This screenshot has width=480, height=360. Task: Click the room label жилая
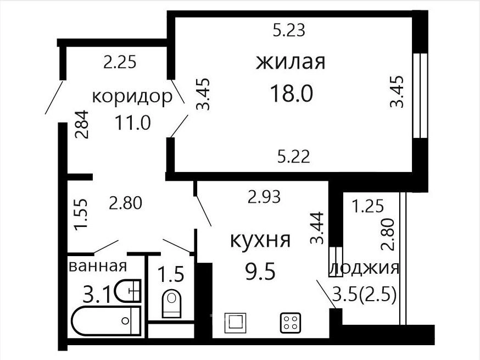[x=291, y=62]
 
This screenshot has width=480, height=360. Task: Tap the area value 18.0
[x=292, y=94]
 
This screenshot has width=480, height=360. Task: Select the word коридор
[x=132, y=98]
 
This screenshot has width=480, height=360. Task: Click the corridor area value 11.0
[x=133, y=123]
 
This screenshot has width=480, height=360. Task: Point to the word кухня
[x=260, y=240]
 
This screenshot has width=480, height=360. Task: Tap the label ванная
[x=98, y=266]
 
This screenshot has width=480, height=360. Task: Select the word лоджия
[x=365, y=268]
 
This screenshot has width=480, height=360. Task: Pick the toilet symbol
[x=171, y=303]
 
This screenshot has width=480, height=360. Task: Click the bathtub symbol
[x=106, y=321]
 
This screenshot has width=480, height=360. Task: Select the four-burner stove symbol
[x=290, y=323]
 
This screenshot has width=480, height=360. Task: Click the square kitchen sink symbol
[x=236, y=323]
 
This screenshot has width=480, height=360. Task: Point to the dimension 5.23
[x=289, y=31]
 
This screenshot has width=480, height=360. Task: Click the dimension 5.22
[x=294, y=156]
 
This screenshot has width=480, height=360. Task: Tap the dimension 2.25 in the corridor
[x=120, y=63]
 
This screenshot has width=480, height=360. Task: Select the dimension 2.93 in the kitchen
[x=264, y=197]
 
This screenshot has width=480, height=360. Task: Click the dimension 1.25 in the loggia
[x=367, y=206]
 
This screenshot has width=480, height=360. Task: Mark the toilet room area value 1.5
[x=171, y=274]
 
